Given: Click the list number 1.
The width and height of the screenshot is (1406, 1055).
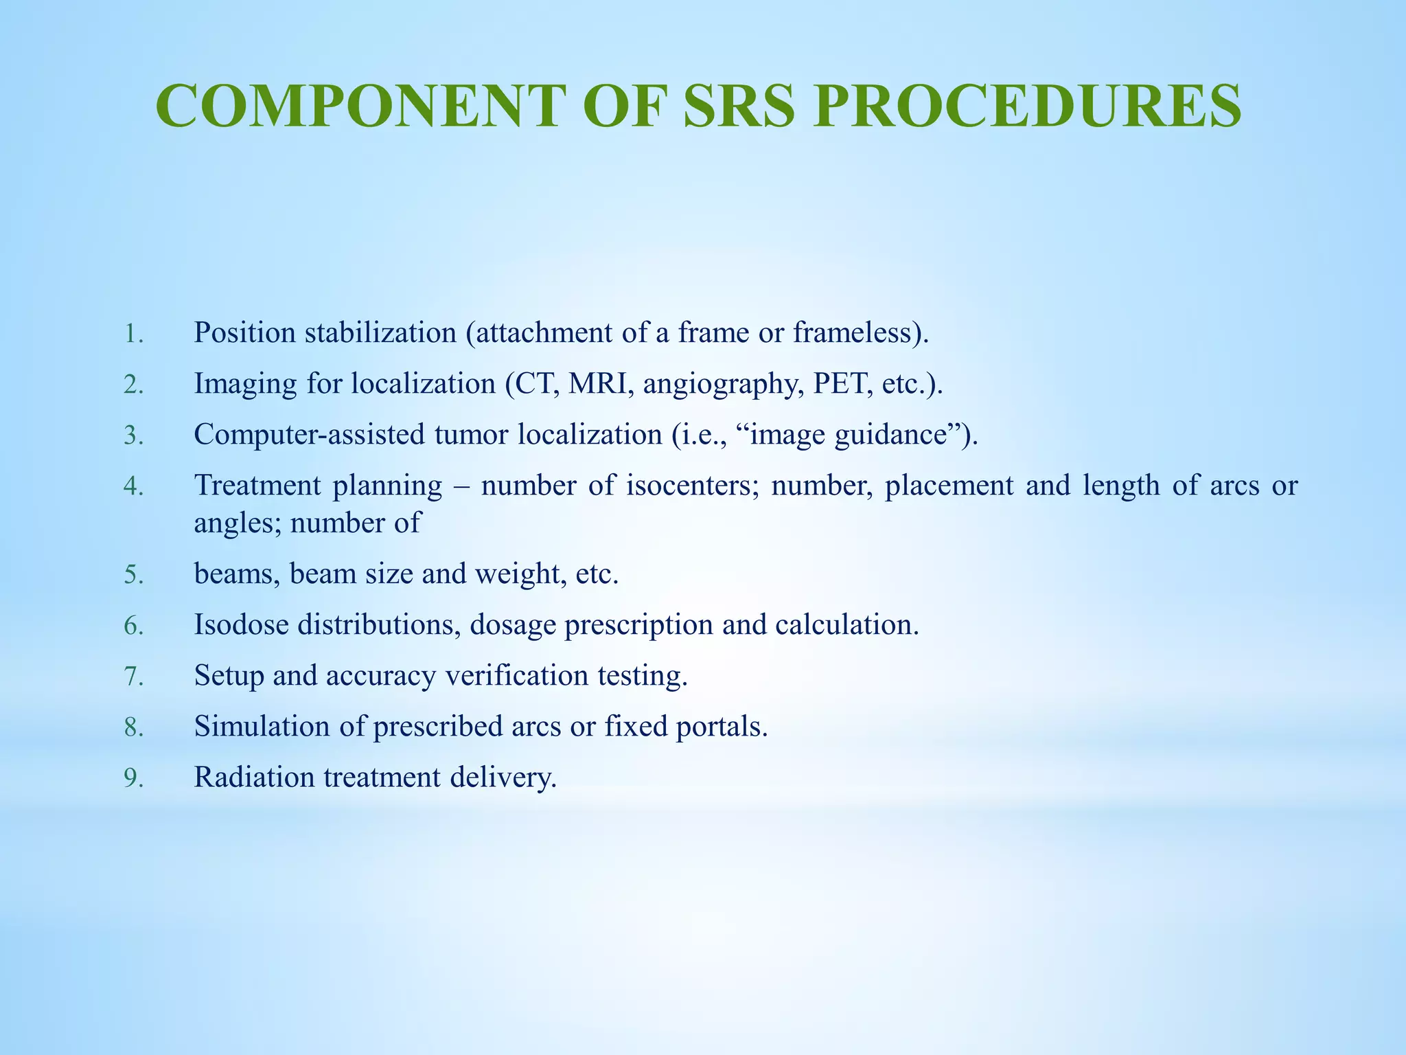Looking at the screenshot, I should click(x=133, y=334).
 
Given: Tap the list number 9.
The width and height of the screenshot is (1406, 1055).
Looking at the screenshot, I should click(x=133, y=778).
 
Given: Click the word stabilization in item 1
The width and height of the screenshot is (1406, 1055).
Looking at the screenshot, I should click(x=380, y=332).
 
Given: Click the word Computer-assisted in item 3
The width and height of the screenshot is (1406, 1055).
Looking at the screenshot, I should click(x=310, y=435).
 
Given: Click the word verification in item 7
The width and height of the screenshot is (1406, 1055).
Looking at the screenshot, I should click(x=516, y=675).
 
